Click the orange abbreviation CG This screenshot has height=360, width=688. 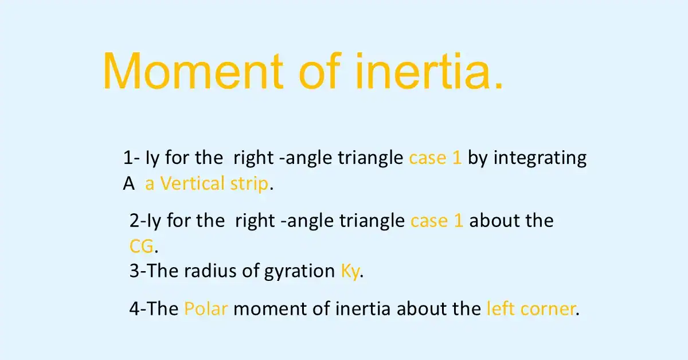[142, 246]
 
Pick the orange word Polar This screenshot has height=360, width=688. [206, 309]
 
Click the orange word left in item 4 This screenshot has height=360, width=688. [501, 309]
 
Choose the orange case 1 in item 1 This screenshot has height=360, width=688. [435, 158]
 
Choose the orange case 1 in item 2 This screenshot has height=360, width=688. [437, 221]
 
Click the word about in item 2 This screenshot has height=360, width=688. [492, 221]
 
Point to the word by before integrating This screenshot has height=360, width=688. [478, 159]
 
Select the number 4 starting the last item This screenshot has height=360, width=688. [134, 309]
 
